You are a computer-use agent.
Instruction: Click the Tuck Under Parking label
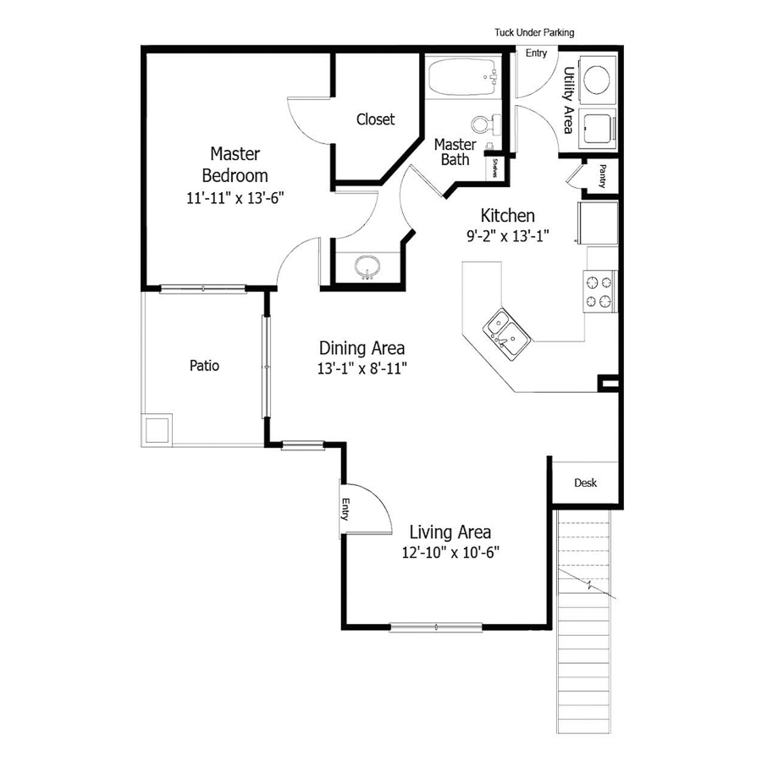click(x=534, y=33)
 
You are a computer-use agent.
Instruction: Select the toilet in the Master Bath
click(x=487, y=124)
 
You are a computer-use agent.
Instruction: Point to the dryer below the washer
click(x=599, y=128)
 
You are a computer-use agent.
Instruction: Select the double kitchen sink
click(x=506, y=331)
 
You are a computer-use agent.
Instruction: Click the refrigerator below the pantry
click(x=598, y=223)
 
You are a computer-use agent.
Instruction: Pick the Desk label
click(x=586, y=483)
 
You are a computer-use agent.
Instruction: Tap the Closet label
click(x=375, y=119)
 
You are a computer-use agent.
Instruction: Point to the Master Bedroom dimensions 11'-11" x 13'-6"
click(x=235, y=198)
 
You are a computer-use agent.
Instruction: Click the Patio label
click(x=204, y=367)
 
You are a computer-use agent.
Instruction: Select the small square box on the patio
click(x=158, y=430)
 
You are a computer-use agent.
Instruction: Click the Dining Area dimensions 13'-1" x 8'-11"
click(x=362, y=368)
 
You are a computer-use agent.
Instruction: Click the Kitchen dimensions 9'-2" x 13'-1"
click(x=508, y=237)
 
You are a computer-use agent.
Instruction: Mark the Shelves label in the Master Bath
click(x=494, y=168)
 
